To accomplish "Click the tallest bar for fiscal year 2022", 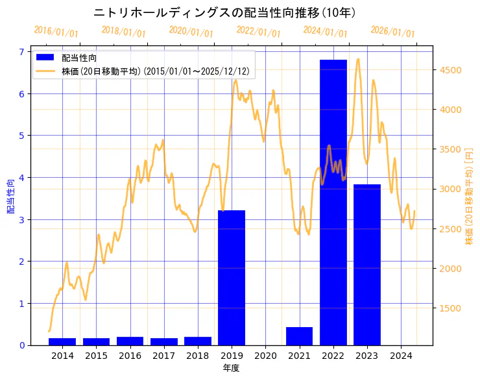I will (x=333, y=202).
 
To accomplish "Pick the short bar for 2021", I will (x=299, y=336).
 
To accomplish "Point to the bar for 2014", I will (x=62, y=341).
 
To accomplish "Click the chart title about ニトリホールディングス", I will (x=224, y=13).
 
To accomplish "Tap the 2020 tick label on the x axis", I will (x=265, y=356).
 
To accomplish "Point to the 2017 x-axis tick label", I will (x=163, y=356).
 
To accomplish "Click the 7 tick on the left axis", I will (x=21, y=52).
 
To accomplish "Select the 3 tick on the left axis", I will (x=21, y=219).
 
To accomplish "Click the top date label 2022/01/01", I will (x=258, y=32).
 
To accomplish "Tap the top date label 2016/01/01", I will (x=56, y=32).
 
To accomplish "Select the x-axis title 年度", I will (x=232, y=368).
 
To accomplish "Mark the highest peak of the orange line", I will (x=358, y=59).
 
